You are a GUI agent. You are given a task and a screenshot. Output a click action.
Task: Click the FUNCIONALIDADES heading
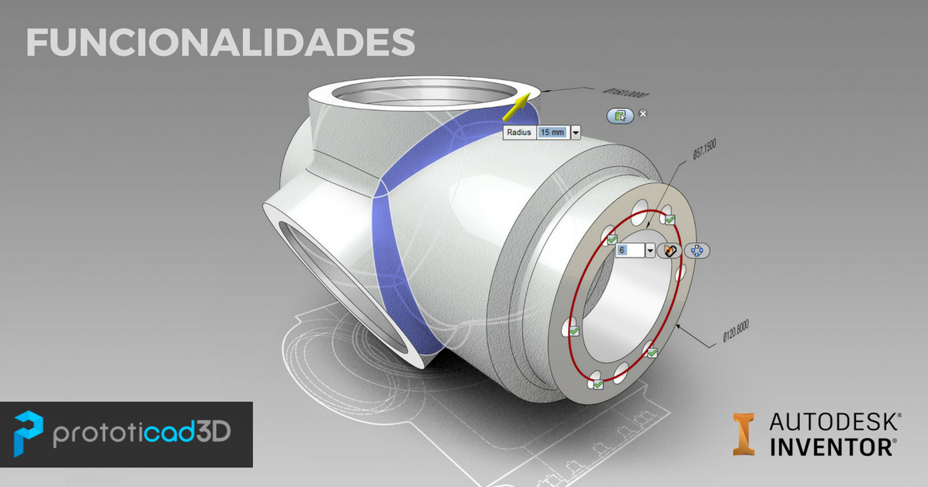tap(220, 43)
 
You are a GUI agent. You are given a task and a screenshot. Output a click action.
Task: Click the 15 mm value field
tap(552, 133)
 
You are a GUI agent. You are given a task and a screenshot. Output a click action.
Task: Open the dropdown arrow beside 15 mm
tap(576, 133)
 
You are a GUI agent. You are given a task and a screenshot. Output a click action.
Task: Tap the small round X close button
tap(642, 114)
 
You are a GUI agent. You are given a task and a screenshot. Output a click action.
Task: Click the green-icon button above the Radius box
tap(620, 116)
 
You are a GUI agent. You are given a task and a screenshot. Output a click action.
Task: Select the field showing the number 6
tap(629, 250)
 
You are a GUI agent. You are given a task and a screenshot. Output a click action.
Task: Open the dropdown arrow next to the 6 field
tap(649, 250)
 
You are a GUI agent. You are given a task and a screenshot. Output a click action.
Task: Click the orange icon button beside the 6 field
tap(668, 250)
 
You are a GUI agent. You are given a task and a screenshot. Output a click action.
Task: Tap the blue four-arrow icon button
tap(696, 251)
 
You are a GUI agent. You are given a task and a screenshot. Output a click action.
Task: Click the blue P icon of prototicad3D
tap(29, 433)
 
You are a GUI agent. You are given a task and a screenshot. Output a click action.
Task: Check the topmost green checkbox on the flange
tap(668, 219)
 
